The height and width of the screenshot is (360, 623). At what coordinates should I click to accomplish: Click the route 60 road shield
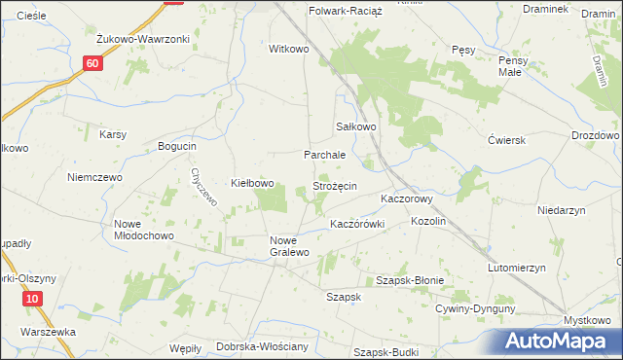pos(92,63)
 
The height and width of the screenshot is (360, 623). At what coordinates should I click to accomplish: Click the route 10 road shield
pos(33,299)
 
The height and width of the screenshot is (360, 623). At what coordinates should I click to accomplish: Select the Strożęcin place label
pos(334,185)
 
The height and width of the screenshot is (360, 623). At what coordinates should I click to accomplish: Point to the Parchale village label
pos(325,155)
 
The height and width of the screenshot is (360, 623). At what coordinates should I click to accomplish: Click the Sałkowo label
pos(356,126)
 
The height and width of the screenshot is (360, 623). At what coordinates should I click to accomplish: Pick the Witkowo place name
pos(288,48)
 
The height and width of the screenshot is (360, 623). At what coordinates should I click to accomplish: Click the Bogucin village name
pos(177,146)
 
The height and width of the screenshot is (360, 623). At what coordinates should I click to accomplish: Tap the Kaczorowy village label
pos(406,198)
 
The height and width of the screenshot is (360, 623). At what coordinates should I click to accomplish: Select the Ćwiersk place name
pos(507,139)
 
